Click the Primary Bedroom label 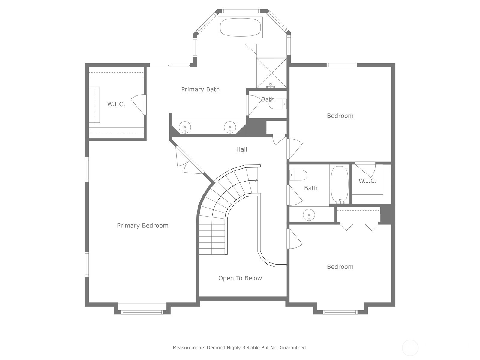(x=142, y=226)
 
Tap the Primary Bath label (x=200, y=89)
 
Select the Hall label (x=241, y=149)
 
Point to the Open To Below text (x=240, y=278)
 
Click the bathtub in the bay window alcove (x=240, y=27)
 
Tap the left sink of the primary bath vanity (x=185, y=127)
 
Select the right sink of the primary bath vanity (x=230, y=127)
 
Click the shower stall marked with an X (x=271, y=73)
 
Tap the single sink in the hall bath (x=309, y=215)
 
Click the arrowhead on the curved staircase (x=256, y=180)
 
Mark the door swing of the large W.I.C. (x=137, y=104)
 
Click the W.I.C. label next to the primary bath (x=116, y=104)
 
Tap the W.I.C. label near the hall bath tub (x=367, y=181)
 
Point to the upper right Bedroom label (x=340, y=115)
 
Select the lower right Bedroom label (x=340, y=267)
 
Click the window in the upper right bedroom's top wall (x=342, y=65)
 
